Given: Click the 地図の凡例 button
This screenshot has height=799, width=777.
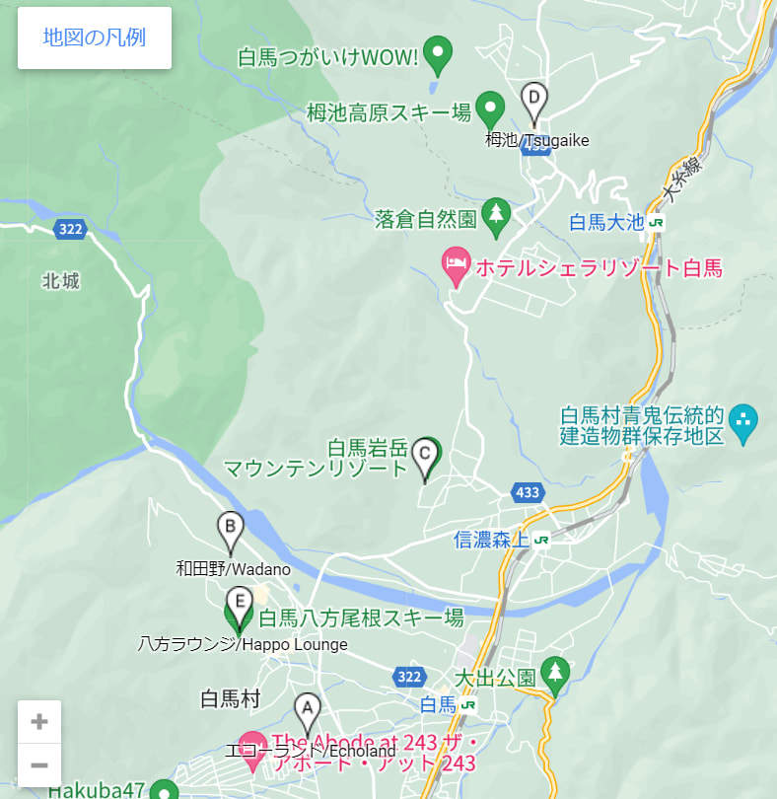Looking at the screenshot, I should tap(95, 37).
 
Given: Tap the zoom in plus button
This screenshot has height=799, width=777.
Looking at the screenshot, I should tap(39, 721).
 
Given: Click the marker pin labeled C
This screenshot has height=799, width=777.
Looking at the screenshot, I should tap(425, 457).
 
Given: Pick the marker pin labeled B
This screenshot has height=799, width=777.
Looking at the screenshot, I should tap(231, 533).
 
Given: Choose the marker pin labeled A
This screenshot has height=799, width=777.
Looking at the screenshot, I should tap(308, 711).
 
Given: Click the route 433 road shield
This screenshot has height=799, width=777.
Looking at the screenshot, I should tap(527, 491).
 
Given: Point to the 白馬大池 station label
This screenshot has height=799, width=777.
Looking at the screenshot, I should tap(606, 223).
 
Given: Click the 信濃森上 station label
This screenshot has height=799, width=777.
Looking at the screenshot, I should tap(492, 540).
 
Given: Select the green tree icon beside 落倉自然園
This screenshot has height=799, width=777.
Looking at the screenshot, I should tap(496, 216).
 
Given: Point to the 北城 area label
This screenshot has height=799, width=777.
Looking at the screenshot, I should tap(61, 281).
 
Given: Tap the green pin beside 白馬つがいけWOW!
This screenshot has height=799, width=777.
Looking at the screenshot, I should tap(437, 54).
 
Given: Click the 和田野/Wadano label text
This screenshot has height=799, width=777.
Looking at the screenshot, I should tap(234, 568).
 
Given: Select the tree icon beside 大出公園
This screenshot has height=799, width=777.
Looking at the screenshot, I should tap(556, 675).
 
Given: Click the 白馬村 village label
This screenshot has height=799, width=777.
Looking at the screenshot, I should tap(230, 699).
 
